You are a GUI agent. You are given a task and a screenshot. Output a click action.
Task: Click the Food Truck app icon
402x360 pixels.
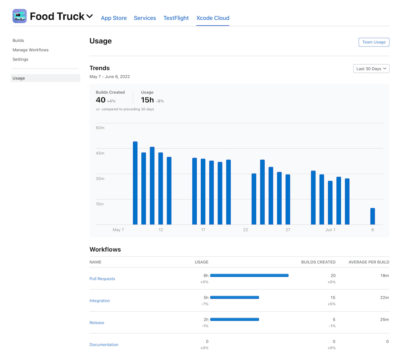(20, 16)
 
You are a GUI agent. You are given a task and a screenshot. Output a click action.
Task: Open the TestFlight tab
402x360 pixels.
(176, 18)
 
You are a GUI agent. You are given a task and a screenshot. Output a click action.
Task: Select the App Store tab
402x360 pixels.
(114, 18)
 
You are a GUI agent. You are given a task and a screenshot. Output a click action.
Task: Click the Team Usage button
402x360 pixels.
(374, 42)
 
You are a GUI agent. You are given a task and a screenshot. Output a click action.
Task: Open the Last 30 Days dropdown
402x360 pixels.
(371, 69)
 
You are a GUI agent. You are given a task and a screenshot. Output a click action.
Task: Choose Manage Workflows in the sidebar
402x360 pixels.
(30, 50)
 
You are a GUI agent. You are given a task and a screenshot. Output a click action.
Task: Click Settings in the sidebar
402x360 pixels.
(20, 59)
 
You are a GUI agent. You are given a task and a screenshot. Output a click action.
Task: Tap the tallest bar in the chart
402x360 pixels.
(135, 183)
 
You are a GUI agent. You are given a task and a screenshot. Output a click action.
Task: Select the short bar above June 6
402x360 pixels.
(373, 216)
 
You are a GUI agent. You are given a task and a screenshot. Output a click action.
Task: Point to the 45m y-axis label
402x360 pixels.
(100, 153)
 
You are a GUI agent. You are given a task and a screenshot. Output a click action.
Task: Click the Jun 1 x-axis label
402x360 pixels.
(330, 230)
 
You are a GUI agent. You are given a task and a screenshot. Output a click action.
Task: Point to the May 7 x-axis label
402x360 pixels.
(118, 230)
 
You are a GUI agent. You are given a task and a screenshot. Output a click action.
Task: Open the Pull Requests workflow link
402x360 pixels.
(102, 279)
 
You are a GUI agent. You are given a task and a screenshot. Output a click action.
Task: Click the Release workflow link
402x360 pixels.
(97, 322)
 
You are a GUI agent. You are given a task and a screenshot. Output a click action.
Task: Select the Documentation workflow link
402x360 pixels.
(104, 345)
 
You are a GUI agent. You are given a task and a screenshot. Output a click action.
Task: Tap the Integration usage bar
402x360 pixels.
(234, 297)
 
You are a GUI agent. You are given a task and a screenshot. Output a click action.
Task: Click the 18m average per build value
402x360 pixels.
(384, 276)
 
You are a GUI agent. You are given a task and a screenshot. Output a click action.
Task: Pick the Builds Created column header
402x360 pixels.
(318, 262)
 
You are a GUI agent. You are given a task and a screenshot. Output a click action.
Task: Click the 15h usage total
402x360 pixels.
(147, 100)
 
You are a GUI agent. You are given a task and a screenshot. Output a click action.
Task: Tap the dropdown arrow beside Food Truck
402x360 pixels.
(89, 16)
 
